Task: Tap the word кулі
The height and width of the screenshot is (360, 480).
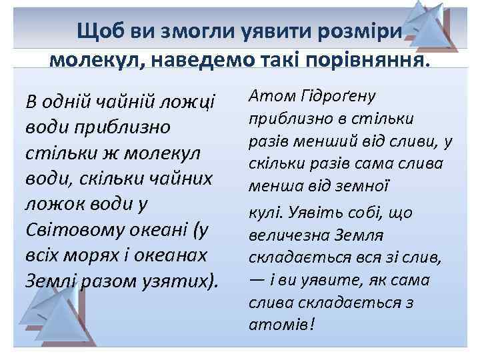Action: [267, 213]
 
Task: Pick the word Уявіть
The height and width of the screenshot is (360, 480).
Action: [323, 213]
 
